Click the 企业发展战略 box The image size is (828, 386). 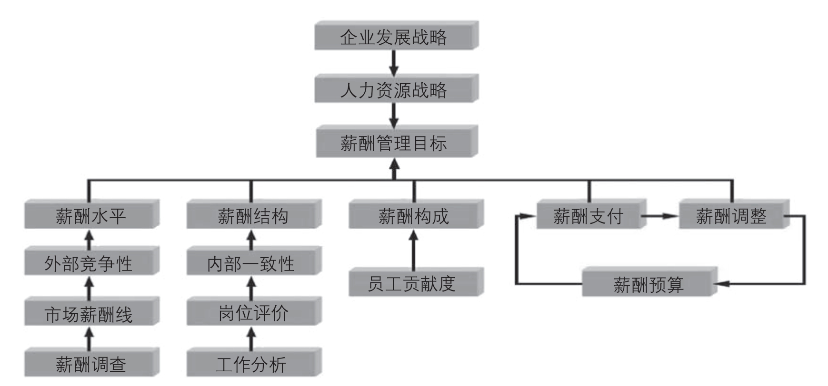click(x=394, y=36)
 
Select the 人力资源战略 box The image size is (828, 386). click(x=394, y=89)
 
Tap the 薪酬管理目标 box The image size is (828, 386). click(x=394, y=143)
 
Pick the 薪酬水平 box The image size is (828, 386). click(x=90, y=215)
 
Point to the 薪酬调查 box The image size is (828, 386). click(x=90, y=364)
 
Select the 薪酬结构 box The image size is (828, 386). click(x=252, y=215)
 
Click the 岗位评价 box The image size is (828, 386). click(x=252, y=313)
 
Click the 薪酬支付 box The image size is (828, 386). click(x=589, y=216)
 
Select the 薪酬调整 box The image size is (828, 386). click(x=731, y=216)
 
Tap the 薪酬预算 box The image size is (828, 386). click(x=648, y=284)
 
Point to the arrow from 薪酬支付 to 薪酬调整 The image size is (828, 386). click(x=661, y=216)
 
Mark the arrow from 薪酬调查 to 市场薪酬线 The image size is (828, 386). click(x=89, y=338)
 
